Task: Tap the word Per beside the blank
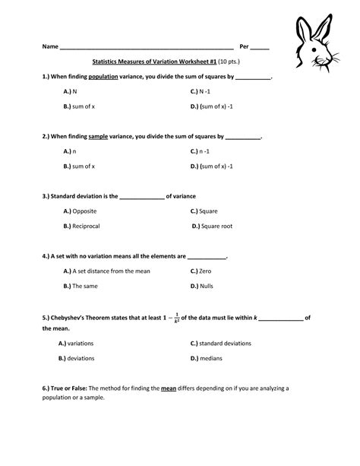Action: coord(245,47)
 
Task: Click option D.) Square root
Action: coord(212,226)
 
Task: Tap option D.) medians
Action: coord(207,357)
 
